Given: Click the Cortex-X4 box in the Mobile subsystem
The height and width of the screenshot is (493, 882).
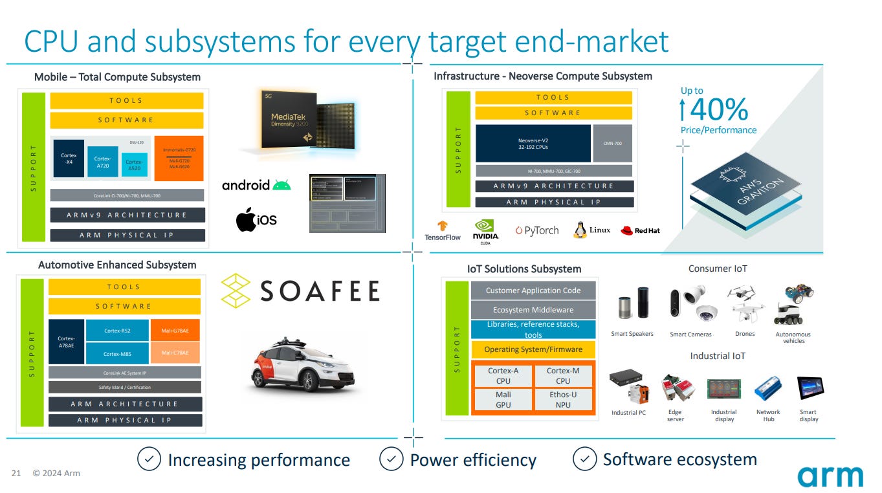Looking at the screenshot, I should point(69,159).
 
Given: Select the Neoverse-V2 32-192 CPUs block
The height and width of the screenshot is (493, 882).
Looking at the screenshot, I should point(533,143).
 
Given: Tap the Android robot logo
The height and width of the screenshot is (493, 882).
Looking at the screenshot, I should point(281,185).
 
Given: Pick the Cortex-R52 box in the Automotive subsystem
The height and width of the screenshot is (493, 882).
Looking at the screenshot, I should point(117,331).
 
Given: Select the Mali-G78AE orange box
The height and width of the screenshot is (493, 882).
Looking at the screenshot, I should point(175,331).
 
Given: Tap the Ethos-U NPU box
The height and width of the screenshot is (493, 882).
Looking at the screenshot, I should point(562,399).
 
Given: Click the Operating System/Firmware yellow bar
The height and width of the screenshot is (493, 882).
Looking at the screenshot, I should point(533,349).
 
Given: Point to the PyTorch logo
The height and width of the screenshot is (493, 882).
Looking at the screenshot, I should point(537,230).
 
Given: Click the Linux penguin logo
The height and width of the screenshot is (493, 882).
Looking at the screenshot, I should point(580,230).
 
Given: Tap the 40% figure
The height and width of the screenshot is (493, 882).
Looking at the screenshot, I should point(718,110).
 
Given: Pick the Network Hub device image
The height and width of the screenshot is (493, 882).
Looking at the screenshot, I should point(768,389).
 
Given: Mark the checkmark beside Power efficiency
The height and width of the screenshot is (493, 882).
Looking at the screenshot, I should point(391,459).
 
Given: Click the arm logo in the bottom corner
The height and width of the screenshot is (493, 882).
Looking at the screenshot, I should point(830,476).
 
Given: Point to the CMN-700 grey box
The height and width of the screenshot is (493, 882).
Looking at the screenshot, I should point(612,143).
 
